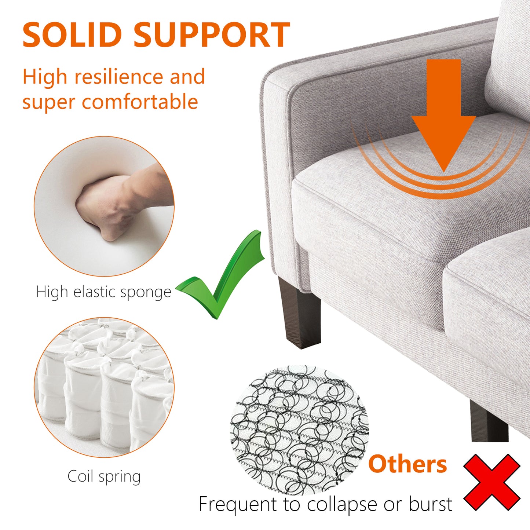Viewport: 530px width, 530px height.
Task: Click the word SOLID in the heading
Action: point(72,35)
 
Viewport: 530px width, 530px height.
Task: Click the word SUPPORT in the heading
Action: point(212,35)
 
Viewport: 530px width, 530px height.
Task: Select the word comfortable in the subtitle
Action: point(140,101)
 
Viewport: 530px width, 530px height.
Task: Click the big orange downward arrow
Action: point(444,116)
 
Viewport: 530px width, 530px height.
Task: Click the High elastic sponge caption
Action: point(104,292)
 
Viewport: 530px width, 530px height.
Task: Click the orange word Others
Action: point(407,464)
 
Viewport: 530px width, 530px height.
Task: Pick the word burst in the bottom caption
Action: point(431,504)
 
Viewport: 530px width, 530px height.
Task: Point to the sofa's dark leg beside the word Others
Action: point(489,421)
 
